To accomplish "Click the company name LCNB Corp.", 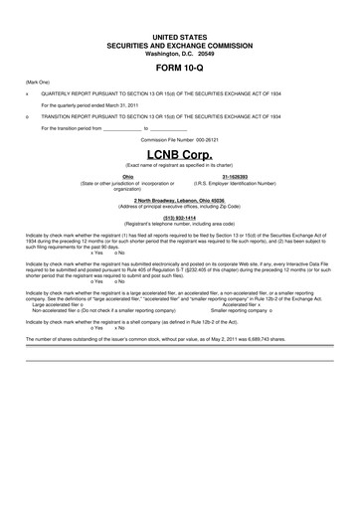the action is [179, 156].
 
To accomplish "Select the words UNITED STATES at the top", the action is [179, 36].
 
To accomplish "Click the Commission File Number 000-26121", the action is [179, 141].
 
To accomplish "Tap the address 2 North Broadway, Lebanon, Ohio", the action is [179, 200].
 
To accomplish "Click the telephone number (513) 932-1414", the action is [179, 217].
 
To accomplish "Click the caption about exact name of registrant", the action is [179, 165].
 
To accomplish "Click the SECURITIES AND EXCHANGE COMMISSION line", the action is [179, 44].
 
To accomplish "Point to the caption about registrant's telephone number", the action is [179, 224].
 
